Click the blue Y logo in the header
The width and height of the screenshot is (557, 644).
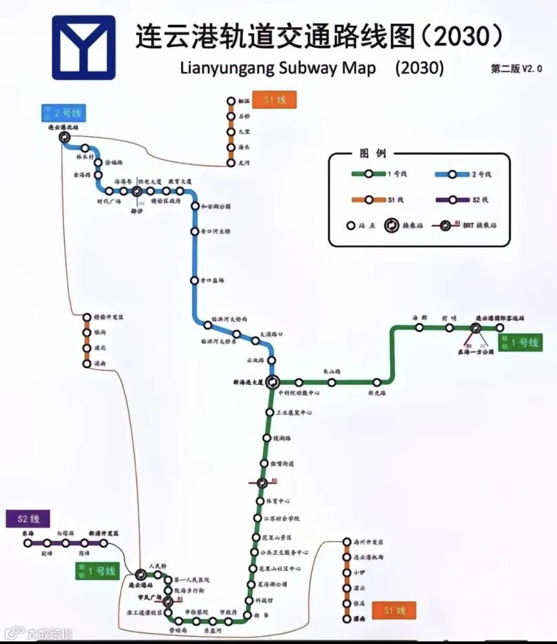[x=84, y=47]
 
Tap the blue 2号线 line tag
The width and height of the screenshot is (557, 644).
[x=64, y=113]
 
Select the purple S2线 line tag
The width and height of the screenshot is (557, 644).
[x=28, y=519]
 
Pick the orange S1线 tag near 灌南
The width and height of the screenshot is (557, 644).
[x=395, y=611]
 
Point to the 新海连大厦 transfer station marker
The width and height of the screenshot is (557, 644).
[x=273, y=382]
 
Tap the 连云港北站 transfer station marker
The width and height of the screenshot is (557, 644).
[x=64, y=137]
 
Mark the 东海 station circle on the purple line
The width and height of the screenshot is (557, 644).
[x=27, y=543]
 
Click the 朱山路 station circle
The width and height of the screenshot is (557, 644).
[x=332, y=382]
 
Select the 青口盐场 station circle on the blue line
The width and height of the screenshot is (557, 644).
[x=194, y=280]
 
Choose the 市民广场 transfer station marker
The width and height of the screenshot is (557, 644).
[x=168, y=601]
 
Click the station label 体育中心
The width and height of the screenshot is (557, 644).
[x=278, y=501]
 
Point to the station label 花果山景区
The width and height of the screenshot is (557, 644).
[x=278, y=537]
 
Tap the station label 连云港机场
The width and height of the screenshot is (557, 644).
[x=369, y=557]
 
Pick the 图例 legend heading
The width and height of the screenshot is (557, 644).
[x=372, y=154]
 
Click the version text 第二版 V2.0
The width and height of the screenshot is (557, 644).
[x=516, y=69]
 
